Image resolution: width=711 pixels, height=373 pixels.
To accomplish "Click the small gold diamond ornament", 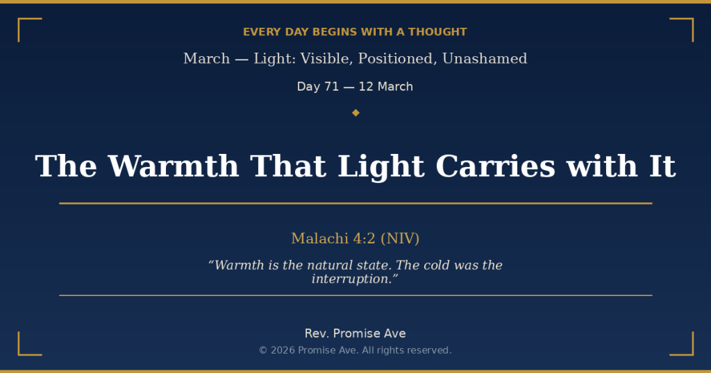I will (x=355, y=112).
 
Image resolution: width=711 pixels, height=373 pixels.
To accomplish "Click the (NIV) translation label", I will (x=400, y=238).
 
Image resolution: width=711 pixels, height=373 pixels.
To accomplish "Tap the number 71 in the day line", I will (x=332, y=87).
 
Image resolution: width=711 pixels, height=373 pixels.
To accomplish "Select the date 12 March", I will (x=386, y=87).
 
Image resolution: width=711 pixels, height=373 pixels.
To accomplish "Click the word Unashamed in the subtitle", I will (x=485, y=59).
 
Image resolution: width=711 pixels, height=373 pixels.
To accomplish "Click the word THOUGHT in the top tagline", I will (x=437, y=32).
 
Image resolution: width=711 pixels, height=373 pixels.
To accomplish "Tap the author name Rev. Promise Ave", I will (x=355, y=333).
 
